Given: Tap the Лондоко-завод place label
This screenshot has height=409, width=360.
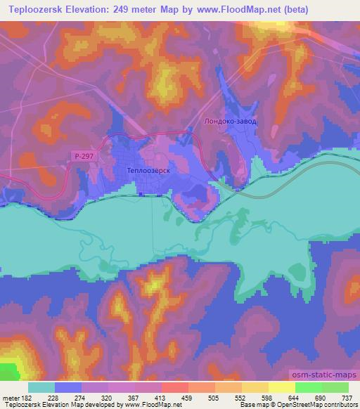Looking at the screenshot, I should click(230, 121).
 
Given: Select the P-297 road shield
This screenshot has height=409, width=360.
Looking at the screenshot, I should click(82, 157).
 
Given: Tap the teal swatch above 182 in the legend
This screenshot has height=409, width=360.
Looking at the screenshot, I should click(41, 387).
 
